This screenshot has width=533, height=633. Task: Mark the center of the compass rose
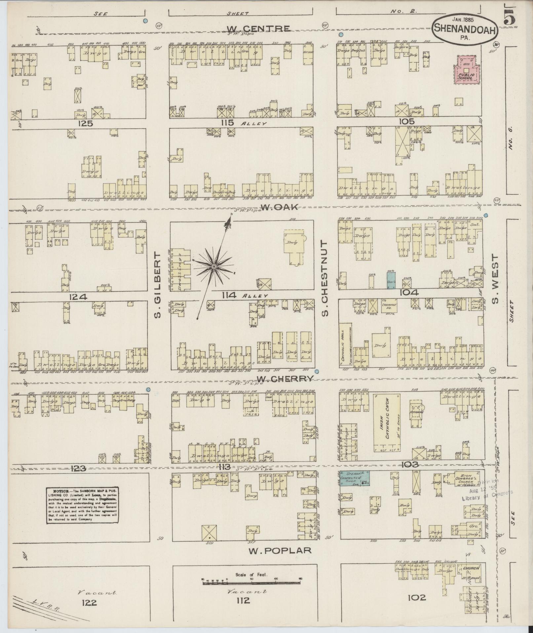[214, 266]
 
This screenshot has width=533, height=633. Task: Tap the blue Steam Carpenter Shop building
[355, 477]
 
